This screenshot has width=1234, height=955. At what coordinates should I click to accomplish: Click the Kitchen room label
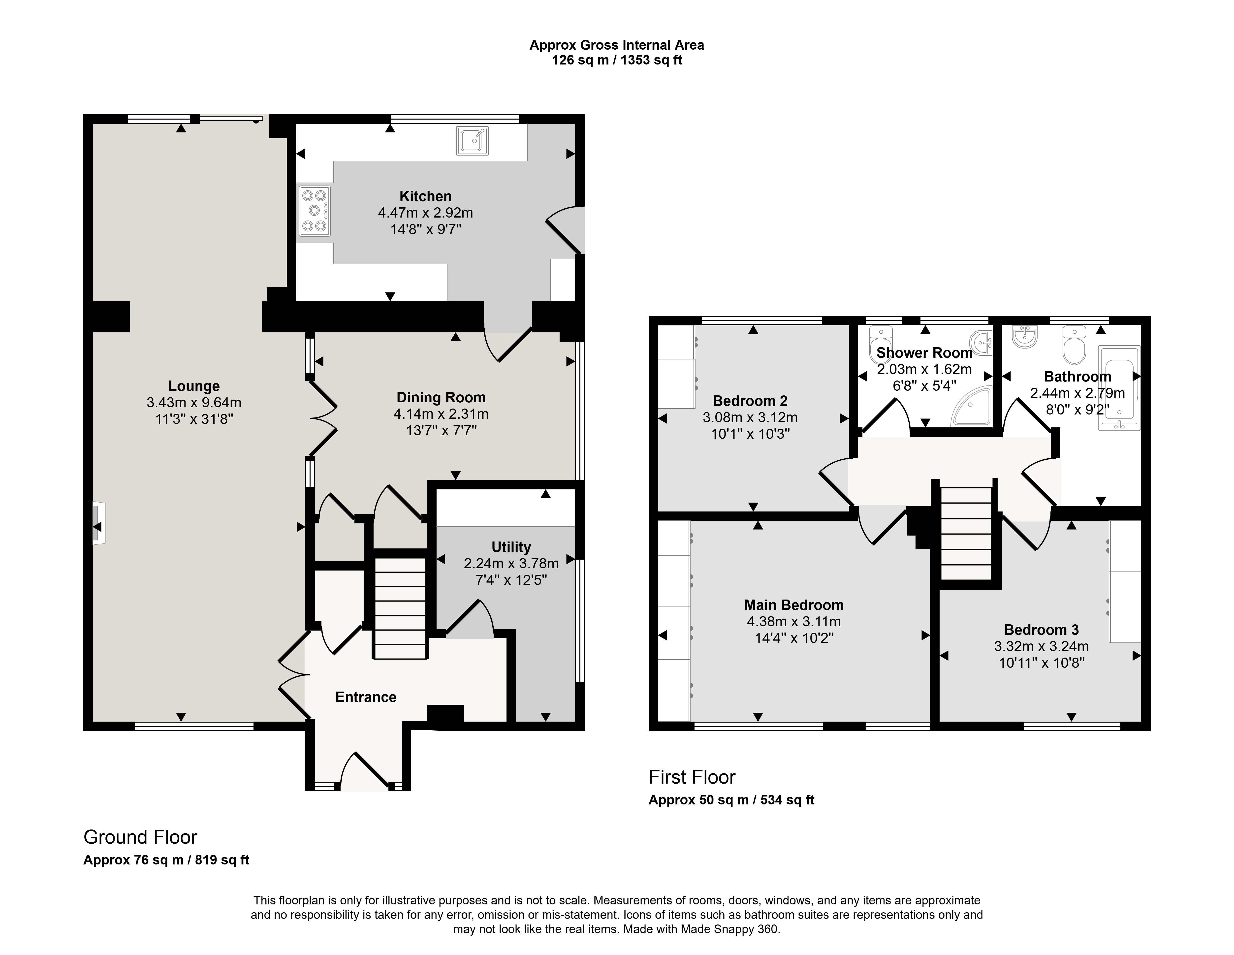[425, 196]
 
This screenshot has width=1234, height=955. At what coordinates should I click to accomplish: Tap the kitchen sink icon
[472, 141]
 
